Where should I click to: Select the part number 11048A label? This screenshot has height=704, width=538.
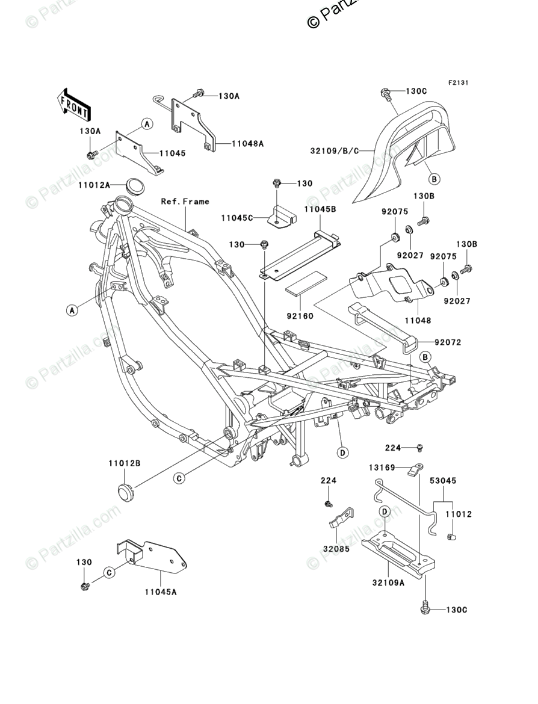pos(247,144)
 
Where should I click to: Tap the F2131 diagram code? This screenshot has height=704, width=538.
pos(457,82)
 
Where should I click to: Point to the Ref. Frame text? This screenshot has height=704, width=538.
pos(185,202)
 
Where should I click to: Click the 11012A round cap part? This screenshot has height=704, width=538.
pos(132,187)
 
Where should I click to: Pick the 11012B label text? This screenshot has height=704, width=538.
pos(124,463)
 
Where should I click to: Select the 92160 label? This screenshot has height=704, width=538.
pos(300,316)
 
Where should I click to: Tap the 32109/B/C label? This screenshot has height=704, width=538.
pos(335,151)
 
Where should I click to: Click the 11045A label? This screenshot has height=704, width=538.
pos(160,591)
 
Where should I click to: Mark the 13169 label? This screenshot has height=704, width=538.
pos(382,468)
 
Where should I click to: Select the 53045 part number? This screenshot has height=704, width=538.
pos(443,480)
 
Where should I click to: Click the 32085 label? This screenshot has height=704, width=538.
pos(336,549)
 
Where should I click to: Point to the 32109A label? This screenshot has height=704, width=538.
pos(389,583)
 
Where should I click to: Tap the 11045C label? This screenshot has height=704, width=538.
pos(237,218)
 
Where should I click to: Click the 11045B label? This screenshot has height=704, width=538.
pos(320,209)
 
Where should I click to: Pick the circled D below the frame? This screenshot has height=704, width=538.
pos(342,452)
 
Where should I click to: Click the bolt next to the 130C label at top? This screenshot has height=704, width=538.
pos(385,93)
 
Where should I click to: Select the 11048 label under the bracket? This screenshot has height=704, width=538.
pos(418,321)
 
